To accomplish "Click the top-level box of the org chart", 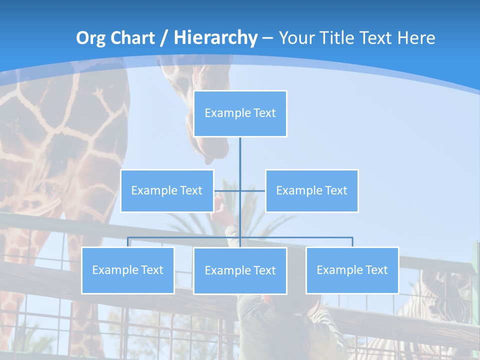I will (240, 113).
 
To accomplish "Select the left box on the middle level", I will (167, 190).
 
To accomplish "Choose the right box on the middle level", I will (311, 190).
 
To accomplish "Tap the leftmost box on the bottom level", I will (128, 270).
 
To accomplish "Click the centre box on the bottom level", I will (240, 270).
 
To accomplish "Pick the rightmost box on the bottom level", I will (352, 270).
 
